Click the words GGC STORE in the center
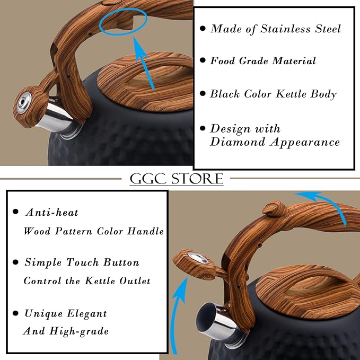pos(177,178)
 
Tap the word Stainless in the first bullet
pos(285,29)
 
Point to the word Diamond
pos(238,142)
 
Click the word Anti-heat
pos(51,213)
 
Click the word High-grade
pos(79,331)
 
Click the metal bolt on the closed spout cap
pos(24,103)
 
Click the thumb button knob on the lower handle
pos(275,208)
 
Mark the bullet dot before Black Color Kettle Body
pos(203,93)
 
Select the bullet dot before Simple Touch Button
pos(15,262)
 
